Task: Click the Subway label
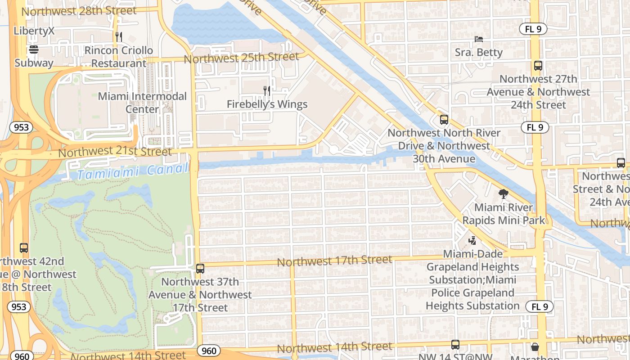pyautogui.click(x=34, y=63)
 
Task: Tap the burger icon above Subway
pyautogui.click(x=34, y=49)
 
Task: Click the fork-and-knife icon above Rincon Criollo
pyautogui.click(x=119, y=37)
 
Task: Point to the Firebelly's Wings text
pyautogui.click(x=267, y=104)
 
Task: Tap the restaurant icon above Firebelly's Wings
pyautogui.click(x=267, y=91)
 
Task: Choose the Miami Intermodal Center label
pyautogui.click(x=142, y=103)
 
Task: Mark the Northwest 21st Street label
pyautogui.click(x=115, y=152)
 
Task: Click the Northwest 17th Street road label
pyautogui.click(x=334, y=261)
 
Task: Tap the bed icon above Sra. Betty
pyautogui.click(x=479, y=39)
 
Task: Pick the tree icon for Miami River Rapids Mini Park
pyautogui.click(x=504, y=194)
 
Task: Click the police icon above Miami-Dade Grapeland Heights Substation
pyautogui.click(x=472, y=241)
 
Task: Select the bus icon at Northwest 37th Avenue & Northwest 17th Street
pyautogui.click(x=200, y=269)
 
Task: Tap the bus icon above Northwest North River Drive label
pyautogui.click(x=444, y=120)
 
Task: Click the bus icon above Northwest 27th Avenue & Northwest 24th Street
pyautogui.click(x=538, y=66)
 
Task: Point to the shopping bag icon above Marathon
pyautogui.click(x=535, y=347)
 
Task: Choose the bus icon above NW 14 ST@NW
pyautogui.click(x=455, y=345)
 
